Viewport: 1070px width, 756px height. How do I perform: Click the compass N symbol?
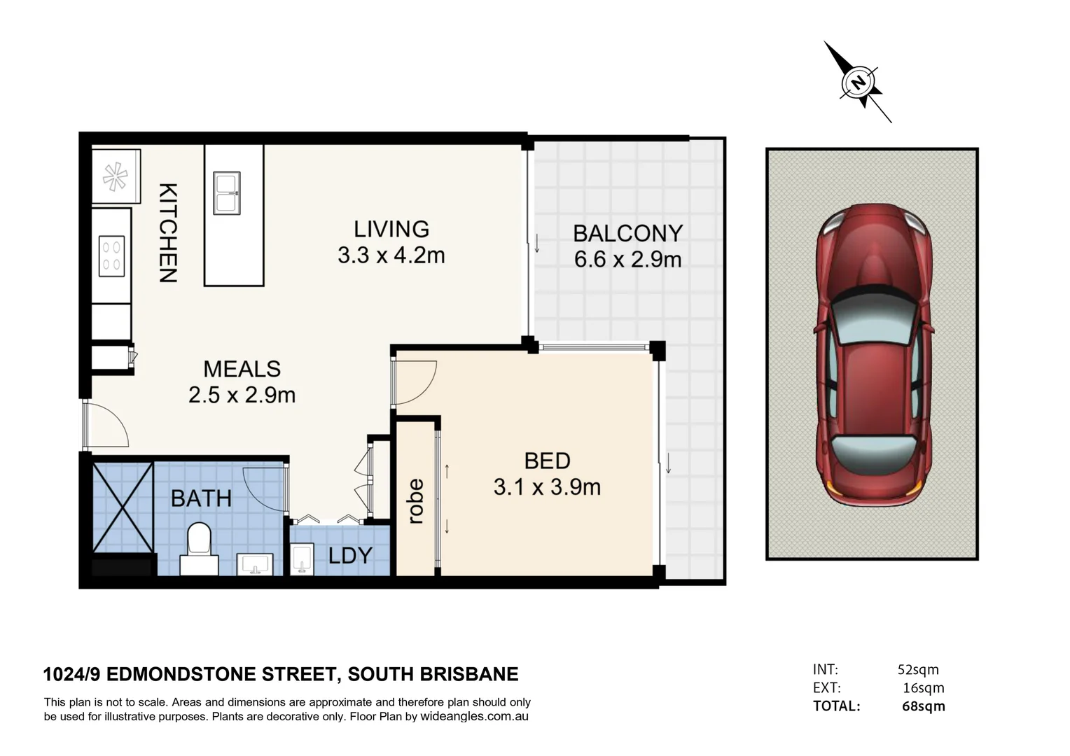859,83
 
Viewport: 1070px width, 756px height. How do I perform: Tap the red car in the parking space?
874,355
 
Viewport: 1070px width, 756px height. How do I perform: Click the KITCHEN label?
168,232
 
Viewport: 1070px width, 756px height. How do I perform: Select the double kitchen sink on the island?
226,193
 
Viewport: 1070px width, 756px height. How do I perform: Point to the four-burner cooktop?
112,256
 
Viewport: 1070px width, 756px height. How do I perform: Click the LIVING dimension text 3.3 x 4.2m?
391,255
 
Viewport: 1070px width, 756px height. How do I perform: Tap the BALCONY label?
627,234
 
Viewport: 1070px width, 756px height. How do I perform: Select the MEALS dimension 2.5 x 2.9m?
242,395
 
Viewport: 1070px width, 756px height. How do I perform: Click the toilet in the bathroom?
199,549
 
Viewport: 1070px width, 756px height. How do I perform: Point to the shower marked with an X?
123,507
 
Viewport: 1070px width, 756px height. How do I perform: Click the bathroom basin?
255,564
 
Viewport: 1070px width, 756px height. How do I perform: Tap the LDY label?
350,555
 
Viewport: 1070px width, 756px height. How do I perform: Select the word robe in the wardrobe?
415,501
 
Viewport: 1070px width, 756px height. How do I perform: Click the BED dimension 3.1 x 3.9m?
547,487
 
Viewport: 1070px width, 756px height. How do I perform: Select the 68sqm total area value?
924,706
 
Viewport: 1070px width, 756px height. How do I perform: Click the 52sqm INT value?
918,670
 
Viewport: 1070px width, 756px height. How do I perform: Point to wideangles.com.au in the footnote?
474,716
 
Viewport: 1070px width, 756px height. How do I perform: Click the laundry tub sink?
302,559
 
